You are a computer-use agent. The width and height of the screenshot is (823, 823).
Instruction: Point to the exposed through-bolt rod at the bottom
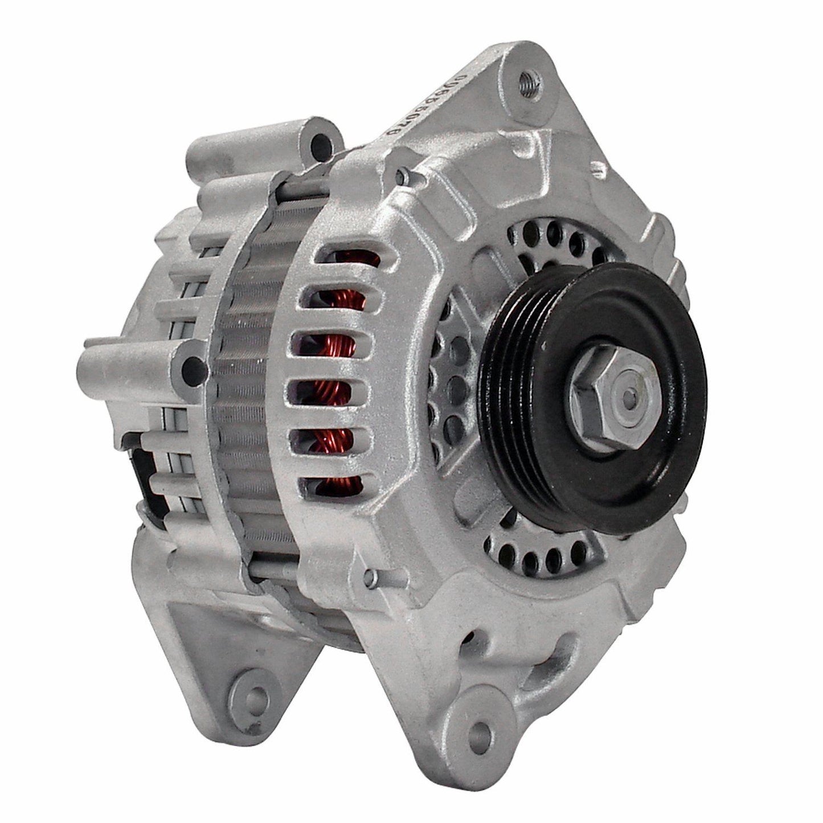click(273, 570)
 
